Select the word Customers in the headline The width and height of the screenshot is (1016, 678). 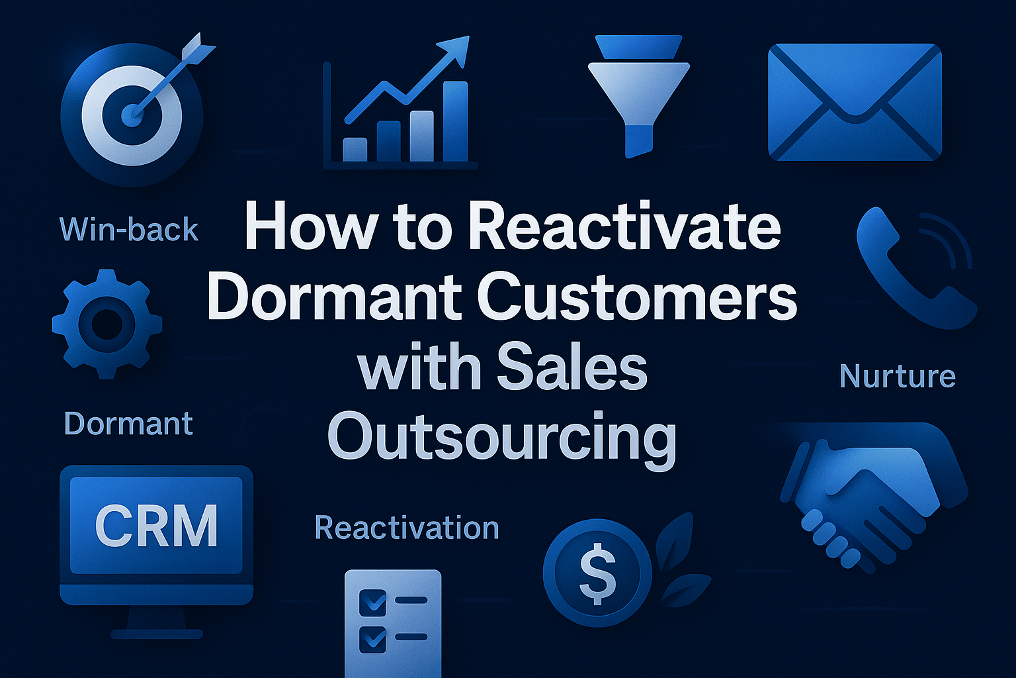[x=637, y=296]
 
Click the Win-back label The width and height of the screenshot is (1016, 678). [x=129, y=229]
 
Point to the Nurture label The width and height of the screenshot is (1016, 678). [x=898, y=376]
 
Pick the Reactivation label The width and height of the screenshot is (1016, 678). [x=407, y=528]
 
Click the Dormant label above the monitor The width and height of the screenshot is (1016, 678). [x=128, y=423]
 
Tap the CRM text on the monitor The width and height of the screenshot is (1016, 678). [x=157, y=526]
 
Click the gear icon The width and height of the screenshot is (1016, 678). [x=107, y=324]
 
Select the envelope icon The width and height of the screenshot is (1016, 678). [x=855, y=102]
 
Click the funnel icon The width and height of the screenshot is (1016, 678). [x=638, y=96]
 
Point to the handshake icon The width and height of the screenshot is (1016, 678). [x=873, y=497]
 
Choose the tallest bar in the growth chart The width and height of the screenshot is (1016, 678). [x=455, y=121]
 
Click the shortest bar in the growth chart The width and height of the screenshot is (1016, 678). [x=355, y=150]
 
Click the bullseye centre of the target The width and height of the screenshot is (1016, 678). [x=132, y=115]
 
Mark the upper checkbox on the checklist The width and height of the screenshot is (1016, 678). [x=372, y=602]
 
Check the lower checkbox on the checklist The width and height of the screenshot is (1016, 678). [x=372, y=640]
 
